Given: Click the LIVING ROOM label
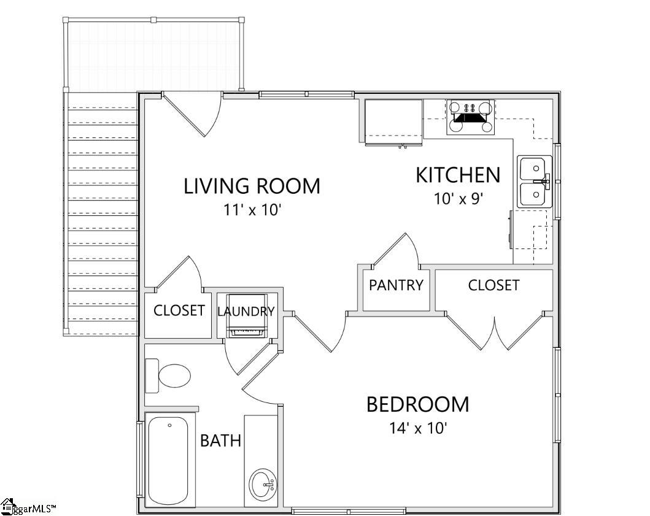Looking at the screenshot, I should pyautogui.click(x=252, y=185).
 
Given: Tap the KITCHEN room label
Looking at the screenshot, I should pyautogui.click(x=458, y=175).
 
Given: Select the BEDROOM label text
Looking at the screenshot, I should pyautogui.click(x=417, y=405).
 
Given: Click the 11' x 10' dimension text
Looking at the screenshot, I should pyautogui.click(x=252, y=210).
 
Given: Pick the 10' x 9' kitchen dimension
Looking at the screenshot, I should pyautogui.click(x=458, y=199).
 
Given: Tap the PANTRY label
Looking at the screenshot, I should pyautogui.click(x=396, y=285).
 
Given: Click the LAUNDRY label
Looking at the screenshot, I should pyautogui.click(x=246, y=312).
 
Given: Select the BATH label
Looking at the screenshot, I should pyautogui.click(x=220, y=441).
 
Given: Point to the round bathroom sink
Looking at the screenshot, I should pyautogui.click(x=263, y=485).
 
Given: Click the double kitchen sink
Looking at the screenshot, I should pyautogui.click(x=533, y=182).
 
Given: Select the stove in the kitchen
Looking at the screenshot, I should pyautogui.click(x=471, y=117).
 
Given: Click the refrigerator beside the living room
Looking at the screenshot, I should pyautogui.click(x=393, y=121).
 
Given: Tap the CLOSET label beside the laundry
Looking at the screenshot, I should pyautogui.click(x=179, y=310).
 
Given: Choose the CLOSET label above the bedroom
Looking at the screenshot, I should pyautogui.click(x=493, y=285).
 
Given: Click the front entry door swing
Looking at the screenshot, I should pyautogui.click(x=196, y=114).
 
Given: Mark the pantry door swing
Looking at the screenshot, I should pyautogui.click(x=396, y=252).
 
